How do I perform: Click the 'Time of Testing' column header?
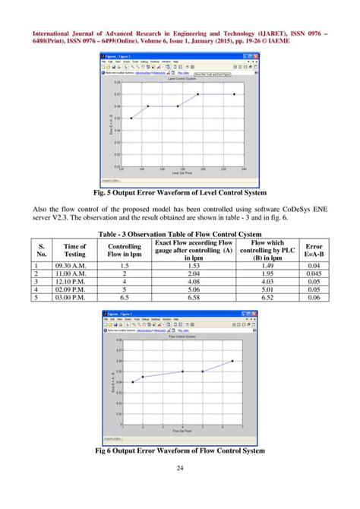coord(74,251)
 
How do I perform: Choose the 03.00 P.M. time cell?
coord(74,297)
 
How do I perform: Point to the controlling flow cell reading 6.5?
coord(124,297)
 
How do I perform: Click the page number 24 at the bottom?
coord(180,487)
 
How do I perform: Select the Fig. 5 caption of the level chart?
coord(179,192)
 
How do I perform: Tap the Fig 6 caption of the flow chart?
coord(179,451)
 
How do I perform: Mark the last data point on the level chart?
coord(235,94)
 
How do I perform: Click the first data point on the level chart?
coord(131,119)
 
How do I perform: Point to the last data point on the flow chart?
coord(232,361)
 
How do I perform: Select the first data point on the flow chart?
coord(132,382)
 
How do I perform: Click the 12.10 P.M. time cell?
coord(74,282)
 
